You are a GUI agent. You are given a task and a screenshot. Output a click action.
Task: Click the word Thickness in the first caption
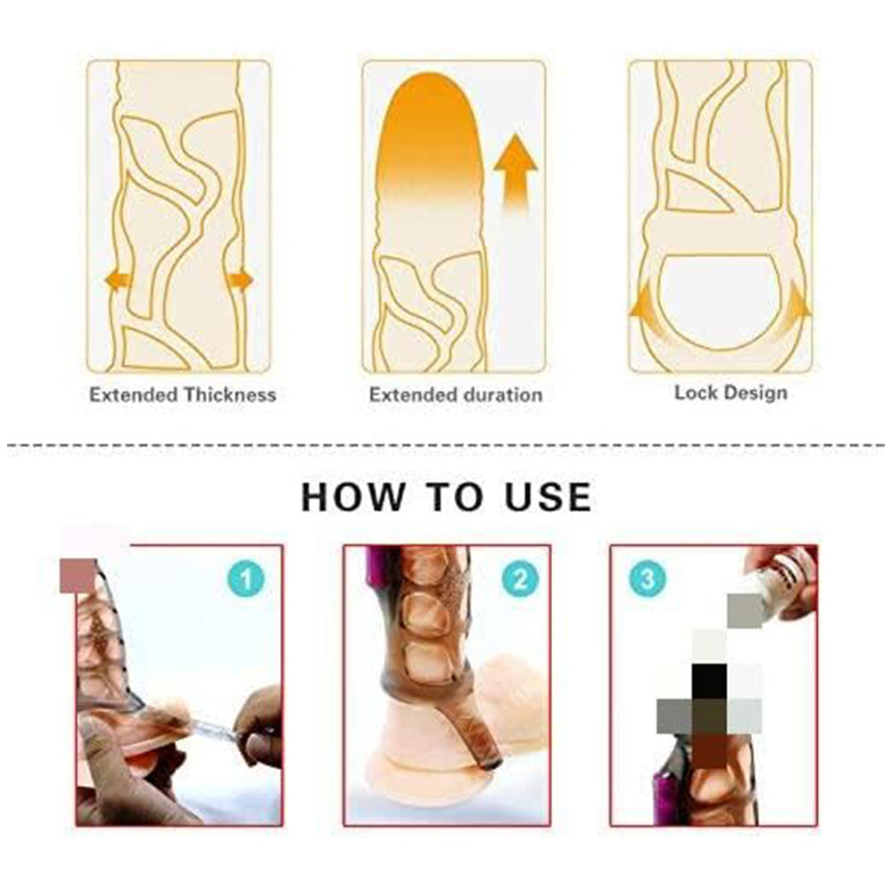229,394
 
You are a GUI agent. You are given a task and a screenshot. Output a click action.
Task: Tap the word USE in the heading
545,497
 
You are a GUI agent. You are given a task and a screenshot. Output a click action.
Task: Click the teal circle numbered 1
246,581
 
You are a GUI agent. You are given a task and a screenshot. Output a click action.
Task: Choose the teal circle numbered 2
520,581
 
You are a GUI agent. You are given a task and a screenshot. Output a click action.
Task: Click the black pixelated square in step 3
709,681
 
